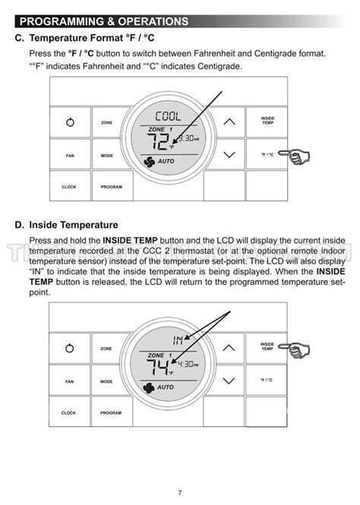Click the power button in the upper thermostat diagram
click(x=69, y=122)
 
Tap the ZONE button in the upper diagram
click(x=107, y=122)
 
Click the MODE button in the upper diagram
click(x=107, y=155)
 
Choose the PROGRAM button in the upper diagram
click(x=111, y=186)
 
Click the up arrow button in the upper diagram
click(x=229, y=122)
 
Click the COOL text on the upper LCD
click(x=168, y=116)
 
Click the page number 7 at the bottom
click(x=180, y=492)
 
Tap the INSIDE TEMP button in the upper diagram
click(x=267, y=121)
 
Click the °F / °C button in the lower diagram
click(x=267, y=380)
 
